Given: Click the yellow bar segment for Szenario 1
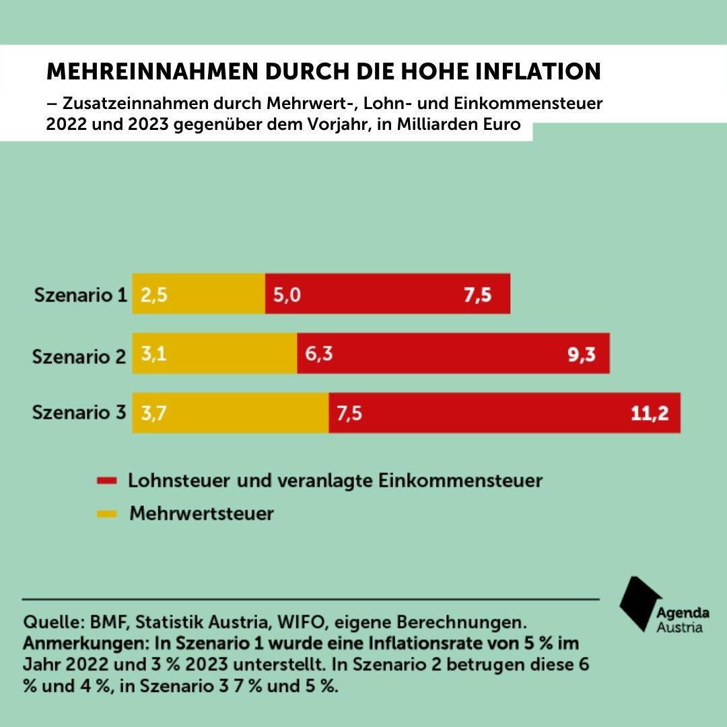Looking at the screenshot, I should [x=199, y=293].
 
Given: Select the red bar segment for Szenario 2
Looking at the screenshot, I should [x=452, y=353].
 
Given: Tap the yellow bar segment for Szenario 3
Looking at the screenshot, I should [x=230, y=413].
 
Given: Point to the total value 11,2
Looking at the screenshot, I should [x=650, y=413].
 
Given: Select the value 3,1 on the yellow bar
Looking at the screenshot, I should [x=153, y=354].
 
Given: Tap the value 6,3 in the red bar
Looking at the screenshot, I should [x=319, y=354].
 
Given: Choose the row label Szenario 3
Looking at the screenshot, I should [x=79, y=413].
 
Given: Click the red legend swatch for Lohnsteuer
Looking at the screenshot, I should [x=107, y=481].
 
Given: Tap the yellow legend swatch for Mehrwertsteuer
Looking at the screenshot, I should [x=107, y=514].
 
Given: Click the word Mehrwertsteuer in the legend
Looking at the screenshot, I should [x=201, y=514].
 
